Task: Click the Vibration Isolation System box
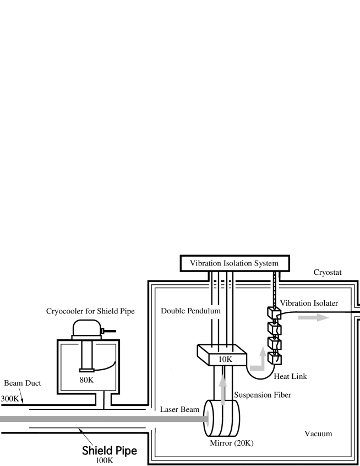tap(234, 263)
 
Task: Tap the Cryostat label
tap(329, 273)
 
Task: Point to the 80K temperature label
tap(86, 379)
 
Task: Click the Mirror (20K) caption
tap(228, 444)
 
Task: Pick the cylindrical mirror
tap(223, 419)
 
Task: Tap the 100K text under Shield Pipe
tap(104, 461)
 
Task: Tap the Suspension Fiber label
tap(261, 394)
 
